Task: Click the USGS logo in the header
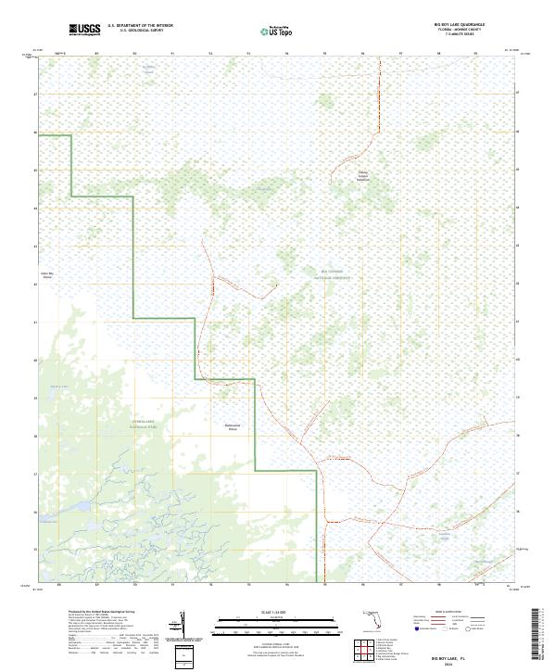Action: pyautogui.click(x=84, y=30)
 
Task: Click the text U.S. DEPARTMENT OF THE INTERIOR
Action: pyautogui.click(x=140, y=26)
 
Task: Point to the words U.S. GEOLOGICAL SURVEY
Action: pyautogui.click(x=140, y=32)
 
